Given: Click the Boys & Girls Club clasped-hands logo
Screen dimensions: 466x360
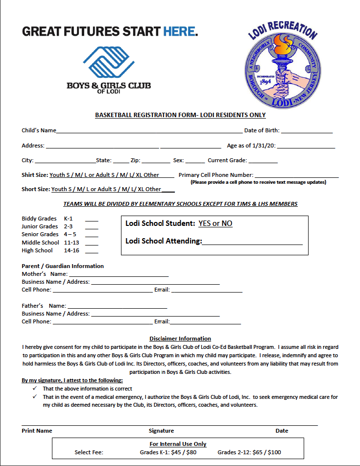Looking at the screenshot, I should (108, 61).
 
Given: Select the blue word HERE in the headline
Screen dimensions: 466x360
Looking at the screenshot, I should (179, 32).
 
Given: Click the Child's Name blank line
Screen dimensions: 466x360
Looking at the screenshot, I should (149, 131).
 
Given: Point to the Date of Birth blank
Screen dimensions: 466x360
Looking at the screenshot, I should (307, 131).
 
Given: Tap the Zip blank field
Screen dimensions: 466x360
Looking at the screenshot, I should (156, 161).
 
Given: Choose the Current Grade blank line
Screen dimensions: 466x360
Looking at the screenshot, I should (263, 161).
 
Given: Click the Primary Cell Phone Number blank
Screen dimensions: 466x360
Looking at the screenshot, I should (296, 176).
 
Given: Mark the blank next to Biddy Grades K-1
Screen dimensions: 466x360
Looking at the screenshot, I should (92, 220).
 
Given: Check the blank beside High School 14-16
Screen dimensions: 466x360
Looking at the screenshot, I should (92, 251).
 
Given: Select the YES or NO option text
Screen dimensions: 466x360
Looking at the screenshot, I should (215, 223).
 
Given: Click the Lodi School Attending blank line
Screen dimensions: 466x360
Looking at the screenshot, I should (252, 242).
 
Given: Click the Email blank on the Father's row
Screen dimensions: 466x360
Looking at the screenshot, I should (205, 322).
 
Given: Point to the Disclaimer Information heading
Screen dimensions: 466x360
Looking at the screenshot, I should (180, 339).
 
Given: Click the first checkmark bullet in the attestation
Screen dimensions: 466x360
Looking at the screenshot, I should (35, 389).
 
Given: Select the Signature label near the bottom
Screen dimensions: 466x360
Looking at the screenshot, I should (161, 431).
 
